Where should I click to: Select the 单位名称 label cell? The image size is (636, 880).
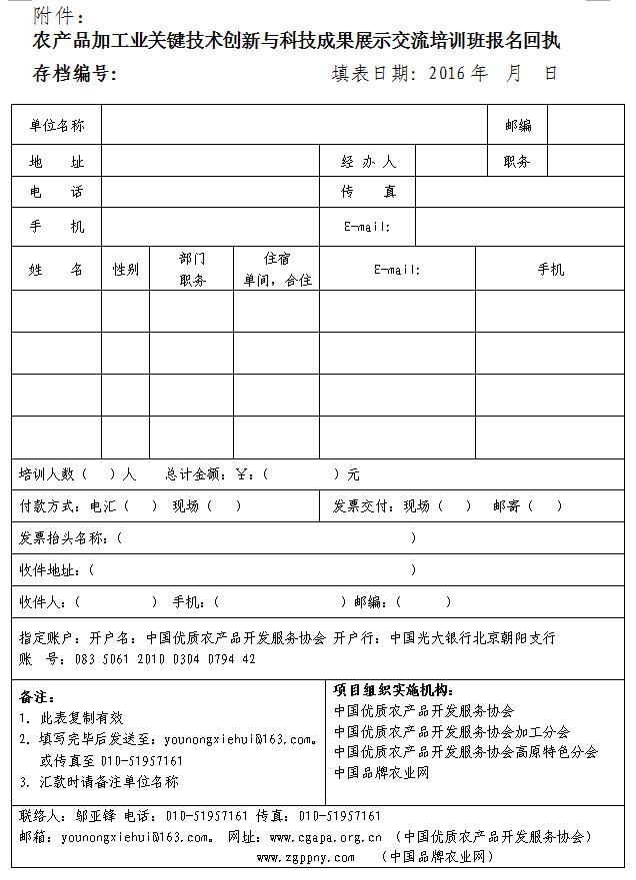pyautogui.click(x=57, y=126)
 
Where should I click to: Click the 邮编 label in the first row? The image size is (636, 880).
pyautogui.click(x=518, y=126)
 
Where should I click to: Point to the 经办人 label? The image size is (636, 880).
pyautogui.click(x=368, y=161)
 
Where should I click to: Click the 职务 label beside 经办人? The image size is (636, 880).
pyautogui.click(x=517, y=161)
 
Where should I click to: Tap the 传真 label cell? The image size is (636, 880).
pyautogui.click(x=368, y=192)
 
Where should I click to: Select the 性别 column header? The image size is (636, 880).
pyautogui.click(x=126, y=269)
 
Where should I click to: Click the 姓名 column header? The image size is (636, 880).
pyautogui.click(x=57, y=269)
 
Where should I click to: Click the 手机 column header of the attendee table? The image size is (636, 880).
pyautogui.click(x=551, y=269)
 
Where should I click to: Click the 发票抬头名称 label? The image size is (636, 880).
pyautogui.click(x=63, y=537)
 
